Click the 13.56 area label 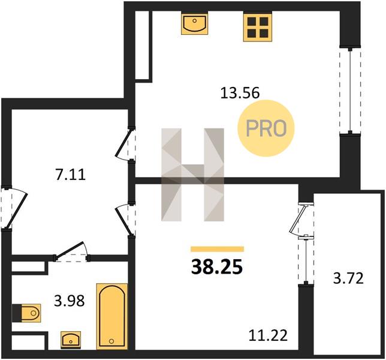(x=240, y=93)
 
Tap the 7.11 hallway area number (x=70, y=175)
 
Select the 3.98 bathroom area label (x=70, y=301)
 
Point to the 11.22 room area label (x=268, y=335)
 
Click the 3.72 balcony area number (x=348, y=278)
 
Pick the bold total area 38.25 (x=217, y=268)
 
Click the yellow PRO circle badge (x=266, y=128)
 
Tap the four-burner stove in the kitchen (x=258, y=26)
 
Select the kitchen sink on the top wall (x=194, y=23)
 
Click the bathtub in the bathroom (x=112, y=316)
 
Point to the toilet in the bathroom (x=26, y=313)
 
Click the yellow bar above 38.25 (x=218, y=249)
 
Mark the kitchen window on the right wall (x=350, y=91)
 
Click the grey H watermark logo (x=193, y=175)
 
